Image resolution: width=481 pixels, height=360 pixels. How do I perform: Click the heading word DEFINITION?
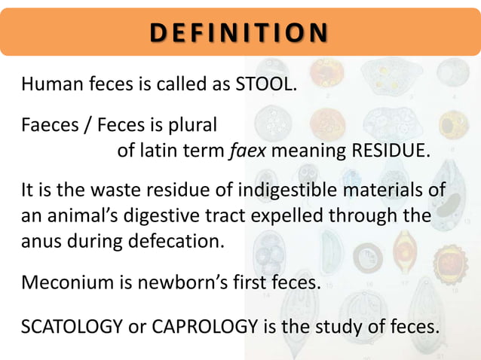coord(240,33)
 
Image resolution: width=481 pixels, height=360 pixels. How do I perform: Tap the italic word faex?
coord(247,150)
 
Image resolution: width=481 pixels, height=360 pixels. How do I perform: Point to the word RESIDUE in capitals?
coord(390,150)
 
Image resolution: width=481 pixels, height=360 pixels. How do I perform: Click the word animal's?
coord(84,217)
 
